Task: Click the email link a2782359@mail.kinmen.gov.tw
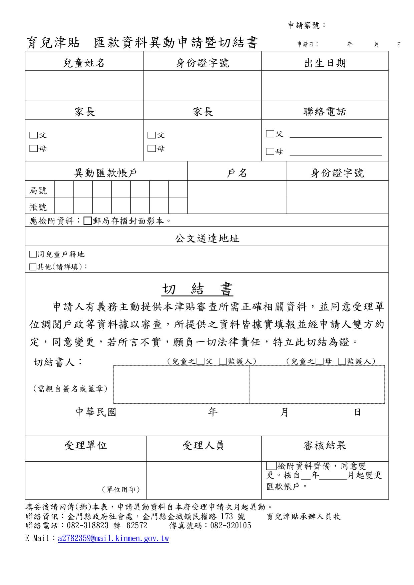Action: (113, 539)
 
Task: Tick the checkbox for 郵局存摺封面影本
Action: (88, 221)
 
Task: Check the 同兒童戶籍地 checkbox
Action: (33, 254)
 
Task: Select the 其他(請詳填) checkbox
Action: (33, 267)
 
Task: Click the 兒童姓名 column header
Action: (84, 63)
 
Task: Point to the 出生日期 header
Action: (325, 63)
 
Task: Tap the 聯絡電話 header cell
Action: (325, 112)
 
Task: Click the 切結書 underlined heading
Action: (197, 289)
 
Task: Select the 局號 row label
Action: (38, 191)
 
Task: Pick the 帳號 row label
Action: (38, 207)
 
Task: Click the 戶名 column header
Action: (237, 173)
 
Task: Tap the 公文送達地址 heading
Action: (207, 238)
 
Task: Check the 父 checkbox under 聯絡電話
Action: (270, 134)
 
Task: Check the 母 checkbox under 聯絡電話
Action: (270, 152)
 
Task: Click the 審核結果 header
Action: (325, 445)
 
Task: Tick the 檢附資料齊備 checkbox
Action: (271, 466)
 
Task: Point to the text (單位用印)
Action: (121, 490)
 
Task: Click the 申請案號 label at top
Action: (306, 25)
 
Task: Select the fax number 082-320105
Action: (231, 526)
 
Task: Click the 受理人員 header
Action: (203, 445)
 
